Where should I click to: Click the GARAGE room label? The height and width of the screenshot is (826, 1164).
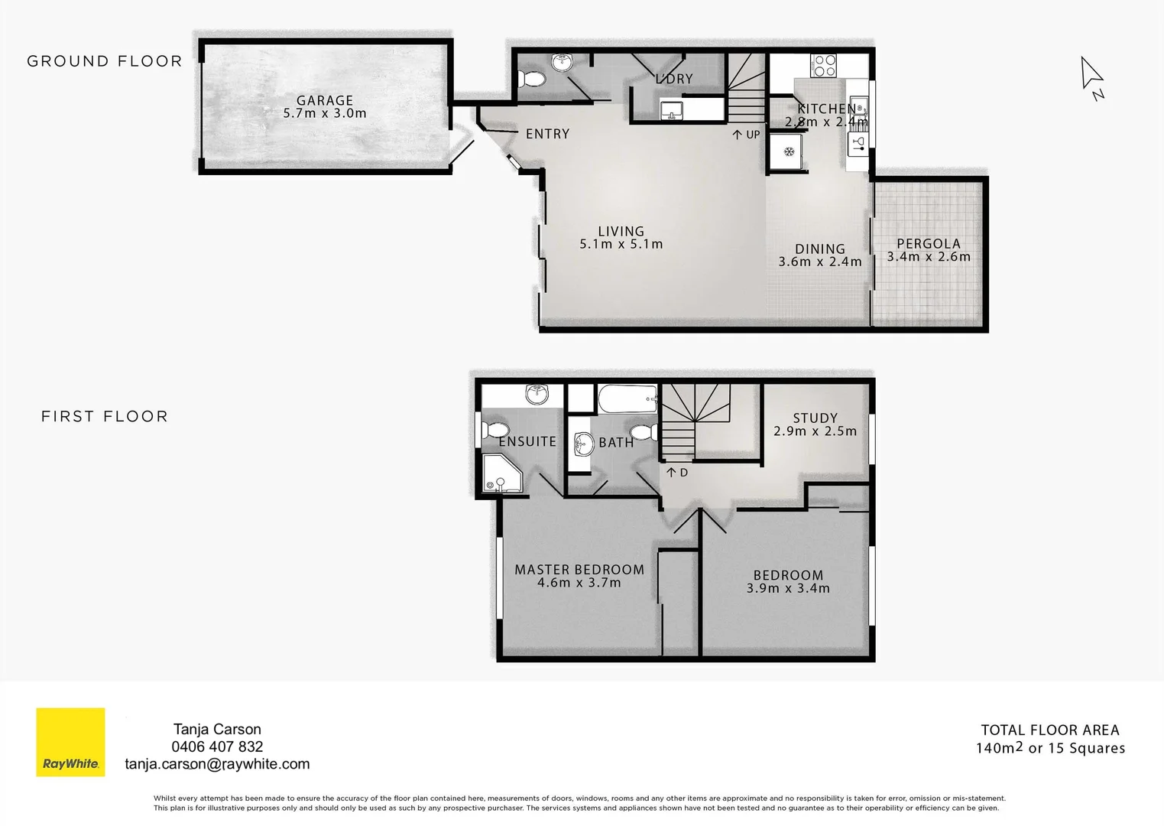(325, 100)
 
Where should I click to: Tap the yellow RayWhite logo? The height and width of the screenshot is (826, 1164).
(70, 742)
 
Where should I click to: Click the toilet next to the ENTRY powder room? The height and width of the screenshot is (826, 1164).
(530, 79)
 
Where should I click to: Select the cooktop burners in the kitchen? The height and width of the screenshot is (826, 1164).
(823, 65)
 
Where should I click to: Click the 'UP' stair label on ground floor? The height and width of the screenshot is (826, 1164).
(747, 135)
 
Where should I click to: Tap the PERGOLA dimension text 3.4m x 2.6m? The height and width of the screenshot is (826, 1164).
(929, 257)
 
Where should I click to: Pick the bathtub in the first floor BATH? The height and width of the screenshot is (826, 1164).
(627, 398)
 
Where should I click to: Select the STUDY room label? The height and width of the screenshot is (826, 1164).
(815, 418)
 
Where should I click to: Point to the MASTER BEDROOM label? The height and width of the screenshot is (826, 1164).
(579, 570)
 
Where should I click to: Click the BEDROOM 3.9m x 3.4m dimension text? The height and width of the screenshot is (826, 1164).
(788, 588)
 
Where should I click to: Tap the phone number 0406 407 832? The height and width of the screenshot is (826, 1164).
(217, 746)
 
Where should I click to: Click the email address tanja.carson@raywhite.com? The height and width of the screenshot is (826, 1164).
(217, 764)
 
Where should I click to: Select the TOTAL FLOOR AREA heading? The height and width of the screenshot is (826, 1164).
(1049, 730)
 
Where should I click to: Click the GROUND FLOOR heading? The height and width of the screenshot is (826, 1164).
(105, 61)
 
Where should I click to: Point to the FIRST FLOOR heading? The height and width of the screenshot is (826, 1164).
(105, 417)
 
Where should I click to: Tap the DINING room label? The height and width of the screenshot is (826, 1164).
(819, 249)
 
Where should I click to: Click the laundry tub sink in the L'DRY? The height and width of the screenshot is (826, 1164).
(672, 111)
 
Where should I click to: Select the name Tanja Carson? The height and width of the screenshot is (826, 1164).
(217, 729)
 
